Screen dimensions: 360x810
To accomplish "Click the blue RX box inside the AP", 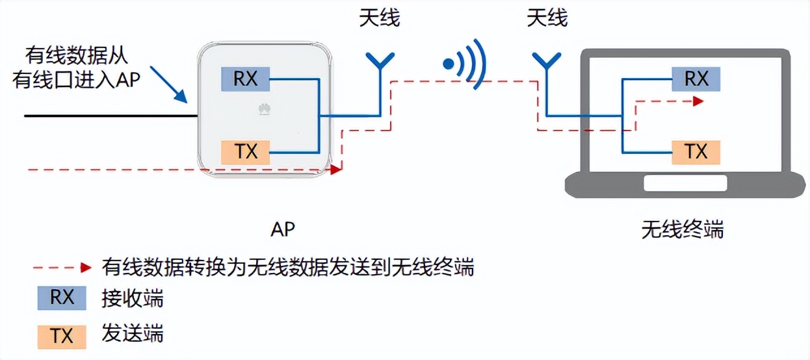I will [245, 79].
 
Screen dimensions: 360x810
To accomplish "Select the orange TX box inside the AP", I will [245, 152].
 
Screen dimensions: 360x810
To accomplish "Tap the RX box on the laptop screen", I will [696, 79].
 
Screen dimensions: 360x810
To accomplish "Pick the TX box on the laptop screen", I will [696, 152].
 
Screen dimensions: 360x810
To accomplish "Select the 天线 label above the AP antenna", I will [380, 18].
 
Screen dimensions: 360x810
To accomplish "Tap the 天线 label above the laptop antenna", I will [547, 18].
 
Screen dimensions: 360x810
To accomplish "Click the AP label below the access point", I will [283, 229].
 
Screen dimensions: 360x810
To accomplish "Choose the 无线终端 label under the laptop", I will [682, 229].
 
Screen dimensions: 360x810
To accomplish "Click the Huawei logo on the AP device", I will [264, 109].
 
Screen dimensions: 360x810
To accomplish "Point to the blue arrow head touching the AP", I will [183, 98].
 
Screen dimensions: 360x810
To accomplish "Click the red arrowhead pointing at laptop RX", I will [698, 101].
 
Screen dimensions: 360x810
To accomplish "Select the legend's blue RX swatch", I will [62, 298].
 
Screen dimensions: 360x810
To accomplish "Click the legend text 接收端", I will [133, 299].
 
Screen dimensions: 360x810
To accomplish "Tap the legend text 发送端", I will [133, 335].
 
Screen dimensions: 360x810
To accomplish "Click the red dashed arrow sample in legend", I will [62, 267].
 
